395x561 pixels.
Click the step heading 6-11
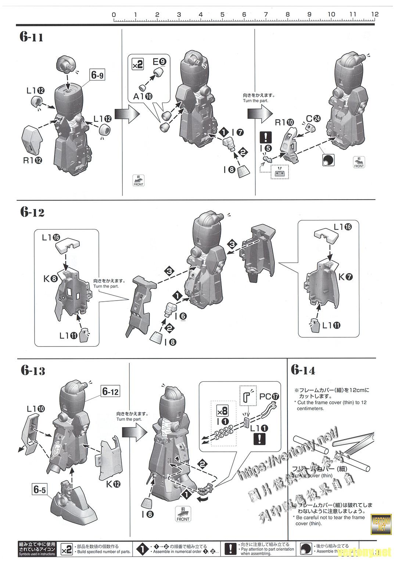(32, 37)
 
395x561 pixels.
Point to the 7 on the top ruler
(266, 15)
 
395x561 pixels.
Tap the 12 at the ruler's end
(374, 14)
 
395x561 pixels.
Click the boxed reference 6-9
(97, 75)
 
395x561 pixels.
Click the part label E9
(159, 61)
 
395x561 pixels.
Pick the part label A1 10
(143, 96)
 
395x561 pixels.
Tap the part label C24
(313, 118)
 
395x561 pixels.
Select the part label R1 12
(32, 160)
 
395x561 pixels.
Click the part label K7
(345, 277)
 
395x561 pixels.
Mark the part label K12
(113, 484)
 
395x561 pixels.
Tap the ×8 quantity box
(223, 411)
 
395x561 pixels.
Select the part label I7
(237, 132)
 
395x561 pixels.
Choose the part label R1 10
(285, 122)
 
